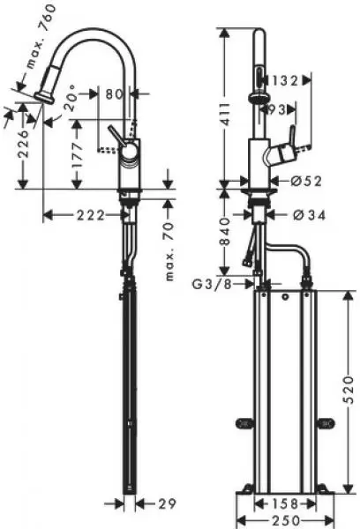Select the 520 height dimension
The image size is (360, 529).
click(x=349, y=390)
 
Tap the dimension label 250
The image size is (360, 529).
click(x=286, y=520)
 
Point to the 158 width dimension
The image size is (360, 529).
click(x=286, y=504)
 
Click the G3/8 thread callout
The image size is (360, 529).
click(x=213, y=285)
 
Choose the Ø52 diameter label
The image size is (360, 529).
click(x=306, y=182)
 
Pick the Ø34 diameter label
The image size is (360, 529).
click(x=309, y=215)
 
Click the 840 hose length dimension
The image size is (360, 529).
click(x=225, y=231)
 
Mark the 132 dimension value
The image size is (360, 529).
click(x=286, y=81)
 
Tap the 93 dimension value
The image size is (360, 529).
click(x=277, y=109)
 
